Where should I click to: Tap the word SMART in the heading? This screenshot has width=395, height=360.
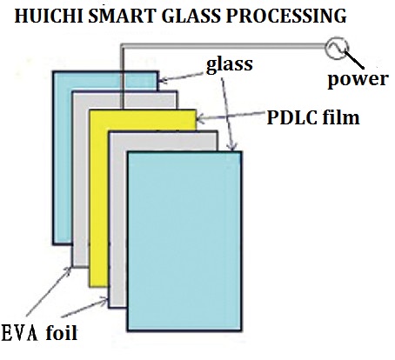point(109,15)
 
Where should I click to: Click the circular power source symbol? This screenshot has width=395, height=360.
point(334,48)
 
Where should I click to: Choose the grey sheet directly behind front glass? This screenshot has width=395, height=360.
point(117,261)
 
